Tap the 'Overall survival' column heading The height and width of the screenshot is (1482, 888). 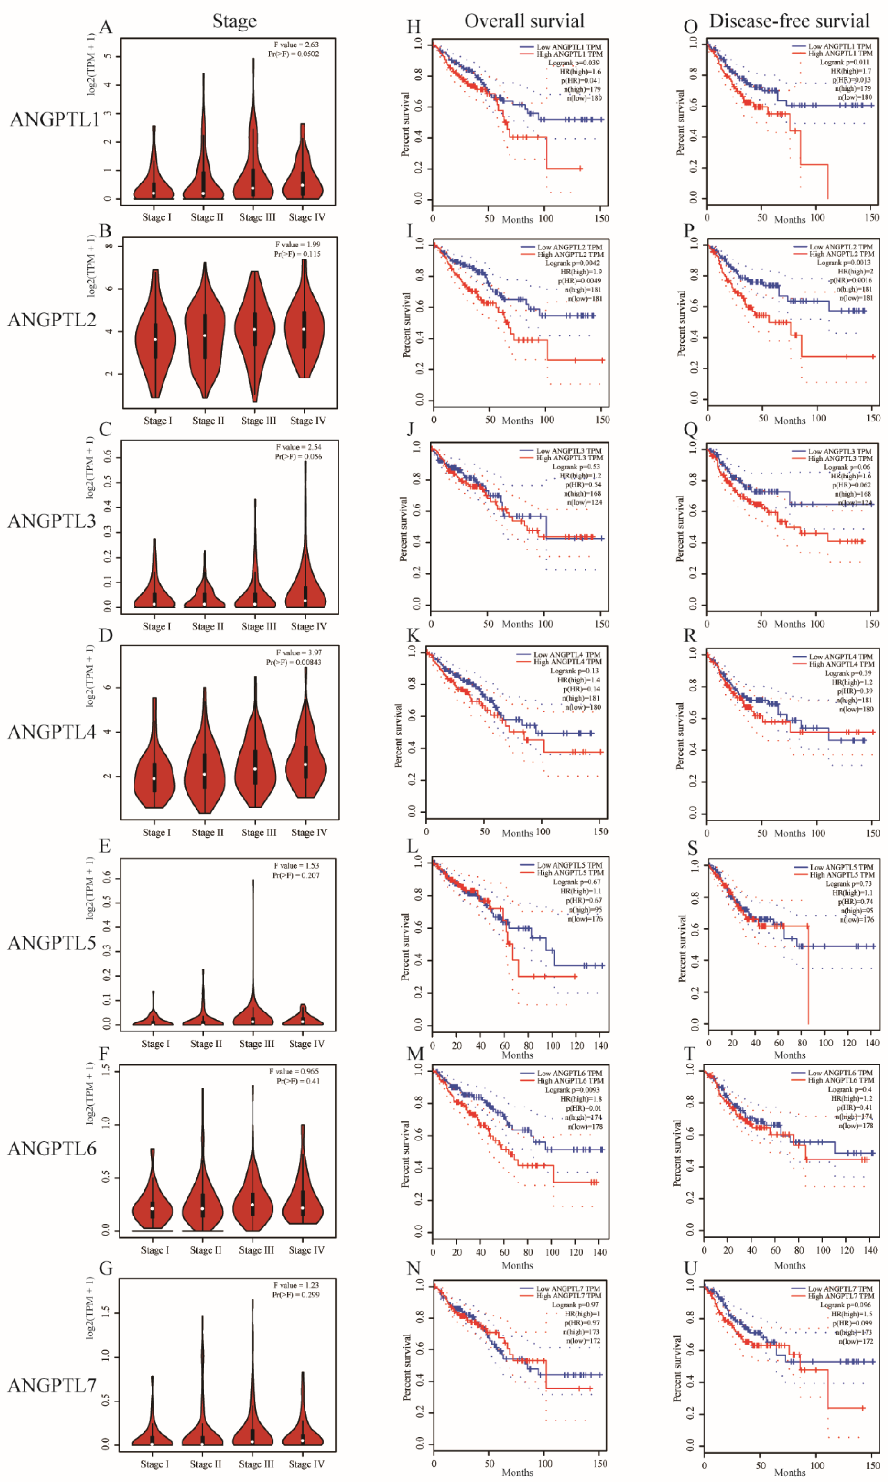pyautogui.click(x=524, y=21)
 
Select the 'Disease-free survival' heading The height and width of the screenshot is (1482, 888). pyautogui.click(x=789, y=21)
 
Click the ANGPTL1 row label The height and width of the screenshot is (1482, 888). pyautogui.click(x=54, y=120)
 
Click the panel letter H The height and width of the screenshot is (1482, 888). pyautogui.click(x=414, y=27)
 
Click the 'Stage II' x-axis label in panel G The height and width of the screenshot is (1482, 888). pyautogui.click(x=205, y=1464)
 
